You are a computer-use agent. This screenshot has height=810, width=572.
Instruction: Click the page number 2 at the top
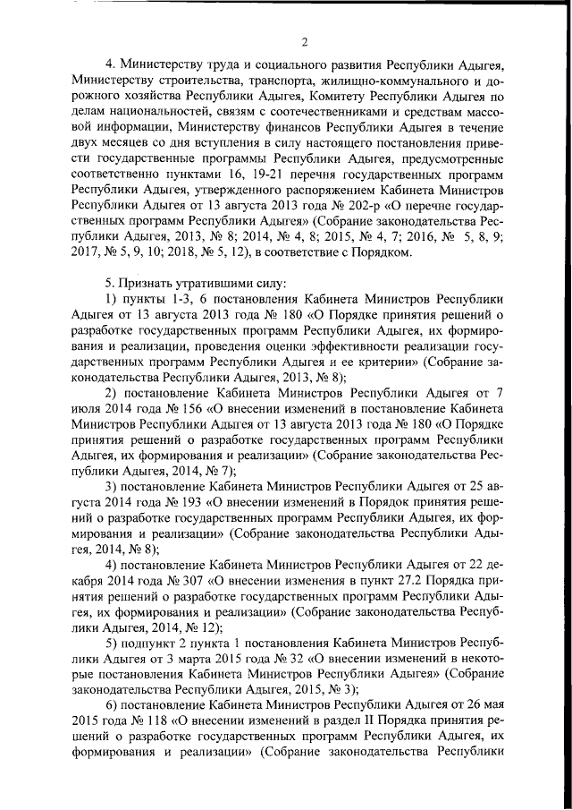304,41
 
